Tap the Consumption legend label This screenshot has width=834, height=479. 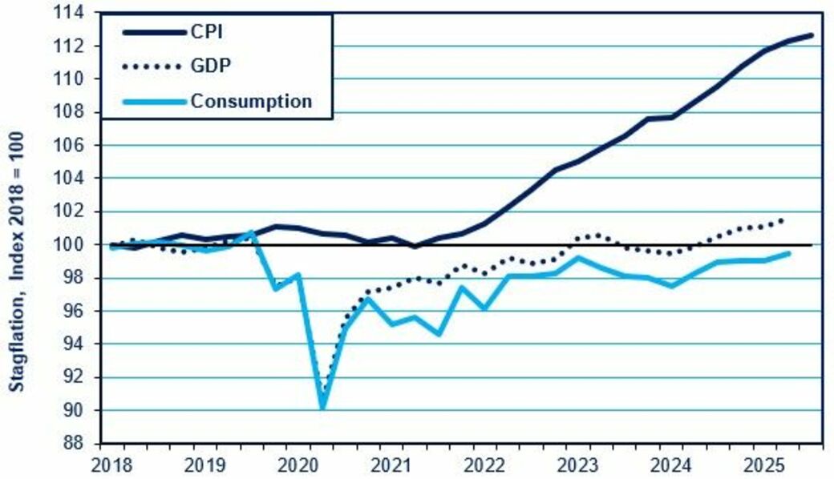pos(250,101)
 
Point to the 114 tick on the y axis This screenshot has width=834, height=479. pos(74,13)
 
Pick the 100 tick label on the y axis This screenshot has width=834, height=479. pos(74,244)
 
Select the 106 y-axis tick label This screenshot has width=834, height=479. pos(74,145)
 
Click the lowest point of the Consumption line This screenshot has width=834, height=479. pos(322,408)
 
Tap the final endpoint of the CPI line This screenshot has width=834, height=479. pos(812,34)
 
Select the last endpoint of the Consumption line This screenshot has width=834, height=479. pos(790,253)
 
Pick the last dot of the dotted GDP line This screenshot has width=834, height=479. pos(782,219)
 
